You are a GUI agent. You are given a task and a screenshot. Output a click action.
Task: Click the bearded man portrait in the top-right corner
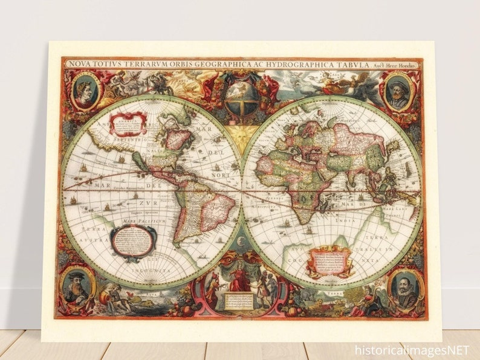pyautogui.click(x=398, y=92)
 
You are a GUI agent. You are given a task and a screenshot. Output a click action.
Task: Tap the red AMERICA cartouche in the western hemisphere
pyautogui.click(x=128, y=123)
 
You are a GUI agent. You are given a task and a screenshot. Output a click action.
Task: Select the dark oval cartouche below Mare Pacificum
pyautogui.click(x=133, y=242)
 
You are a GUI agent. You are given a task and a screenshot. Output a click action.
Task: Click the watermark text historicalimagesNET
pyautogui.click(x=412, y=349)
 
